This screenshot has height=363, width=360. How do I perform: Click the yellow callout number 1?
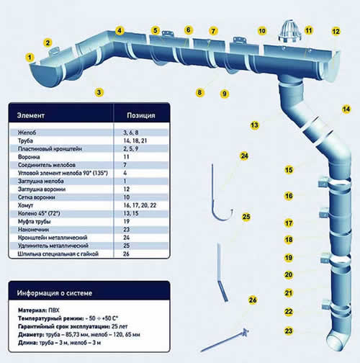tap(30, 58)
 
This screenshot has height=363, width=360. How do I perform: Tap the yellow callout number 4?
tap(120, 30)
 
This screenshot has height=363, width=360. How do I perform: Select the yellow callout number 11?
tap(309, 30)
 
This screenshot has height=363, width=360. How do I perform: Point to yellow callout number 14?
tap(346, 109)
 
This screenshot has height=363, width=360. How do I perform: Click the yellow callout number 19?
tap(289, 258)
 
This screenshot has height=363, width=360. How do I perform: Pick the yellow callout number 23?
tap(289, 331)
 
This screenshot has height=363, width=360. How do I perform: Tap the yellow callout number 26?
tap(253, 300)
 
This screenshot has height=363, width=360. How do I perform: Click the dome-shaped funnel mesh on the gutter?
tap(289, 31)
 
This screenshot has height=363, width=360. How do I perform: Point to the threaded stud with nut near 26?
tap(225, 341)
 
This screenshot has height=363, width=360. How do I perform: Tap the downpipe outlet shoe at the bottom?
tap(338, 340)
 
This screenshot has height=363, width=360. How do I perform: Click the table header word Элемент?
tap(31, 115)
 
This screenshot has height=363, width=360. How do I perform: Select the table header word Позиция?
tap(141, 115)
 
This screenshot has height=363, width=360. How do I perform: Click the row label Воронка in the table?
tap(29, 157)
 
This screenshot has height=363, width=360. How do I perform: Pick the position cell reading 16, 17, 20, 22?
tap(140, 205)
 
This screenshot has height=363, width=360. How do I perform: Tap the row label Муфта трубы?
tap(35, 221)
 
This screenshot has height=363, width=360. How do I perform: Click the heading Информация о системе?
tap(55, 293)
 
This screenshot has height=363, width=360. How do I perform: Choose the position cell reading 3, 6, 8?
tap(131, 133)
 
